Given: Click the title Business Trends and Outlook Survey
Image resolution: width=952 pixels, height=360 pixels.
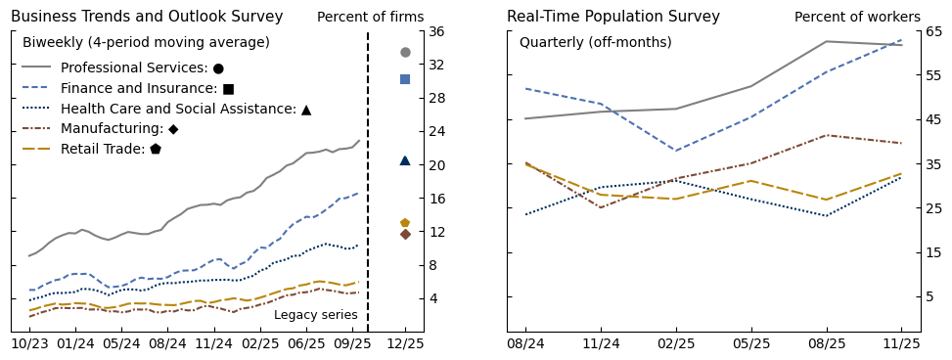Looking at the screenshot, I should (x=147, y=17).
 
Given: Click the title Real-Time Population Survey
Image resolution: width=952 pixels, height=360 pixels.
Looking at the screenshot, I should (x=612, y=17).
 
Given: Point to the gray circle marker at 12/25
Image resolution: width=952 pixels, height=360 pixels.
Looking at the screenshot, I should (x=405, y=52).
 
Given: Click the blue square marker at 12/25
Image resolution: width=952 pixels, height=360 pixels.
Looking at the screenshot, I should (x=405, y=79).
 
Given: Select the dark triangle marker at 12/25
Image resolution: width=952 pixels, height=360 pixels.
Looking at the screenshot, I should (x=405, y=160).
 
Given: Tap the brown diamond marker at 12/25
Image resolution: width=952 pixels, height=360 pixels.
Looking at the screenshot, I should (x=405, y=234).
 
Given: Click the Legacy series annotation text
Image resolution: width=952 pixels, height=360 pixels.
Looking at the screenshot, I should (x=315, y=315).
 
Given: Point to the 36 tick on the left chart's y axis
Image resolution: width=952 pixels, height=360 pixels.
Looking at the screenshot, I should (x=437, y=31).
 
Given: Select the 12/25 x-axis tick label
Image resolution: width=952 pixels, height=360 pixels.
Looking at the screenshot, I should (x=405, y=343).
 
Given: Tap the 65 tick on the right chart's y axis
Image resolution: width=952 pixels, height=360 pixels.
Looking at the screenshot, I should (x=933, y=31).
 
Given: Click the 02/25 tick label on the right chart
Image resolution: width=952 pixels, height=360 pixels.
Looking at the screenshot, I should (x=676, y=343).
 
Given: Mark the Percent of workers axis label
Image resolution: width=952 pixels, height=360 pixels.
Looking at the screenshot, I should (x=857, y=18).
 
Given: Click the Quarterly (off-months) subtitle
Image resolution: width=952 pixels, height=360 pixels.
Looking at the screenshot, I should (x=595, y=43).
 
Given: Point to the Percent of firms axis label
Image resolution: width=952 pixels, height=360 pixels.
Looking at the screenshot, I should (x=370, y=18).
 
